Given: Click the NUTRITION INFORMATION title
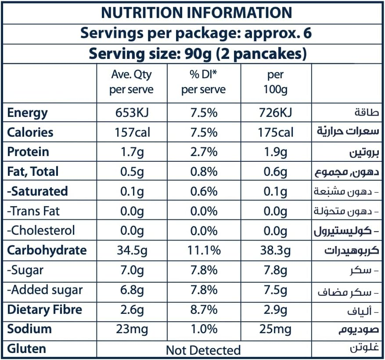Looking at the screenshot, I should pyautogui.click(x=196, y=12).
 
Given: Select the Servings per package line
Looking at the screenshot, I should pyautogui.click(x=196, y=33).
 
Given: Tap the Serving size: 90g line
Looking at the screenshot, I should pyautogui.click(x=198, y=54).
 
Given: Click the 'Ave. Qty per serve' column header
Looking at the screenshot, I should pyautogui.click(x=131, y=82).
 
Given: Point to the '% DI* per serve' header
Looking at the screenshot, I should pyautogui.click(x=203, y=82).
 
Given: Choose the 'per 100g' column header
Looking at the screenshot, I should pyautogui.click(x=275, y=82).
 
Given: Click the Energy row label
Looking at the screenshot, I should pyautogui.click(x=27, y=113).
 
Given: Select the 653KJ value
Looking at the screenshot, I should pyautogui.click(x=131, y=113).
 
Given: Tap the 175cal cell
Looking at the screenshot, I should pyautogui.click(x=275, y=132).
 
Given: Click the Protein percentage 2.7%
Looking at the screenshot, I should pyautogui.click(x=204, y=152).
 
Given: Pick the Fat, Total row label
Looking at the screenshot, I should pyautogui.click(x=33, y=171).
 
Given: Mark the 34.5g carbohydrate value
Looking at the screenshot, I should pyautogui.click(x=131, y=250).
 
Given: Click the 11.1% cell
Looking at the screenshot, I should pyautogui.click(x=204, y=250).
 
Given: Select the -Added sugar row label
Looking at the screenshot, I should pyautogui.click(x=45, y=290).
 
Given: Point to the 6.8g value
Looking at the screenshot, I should pyautogui.click(x=131, y=290).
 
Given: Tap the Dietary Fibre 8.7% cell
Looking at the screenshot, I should pyautogui.click(x=204, y=309).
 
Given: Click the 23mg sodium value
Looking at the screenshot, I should pyautogui.click(x=131, y=329).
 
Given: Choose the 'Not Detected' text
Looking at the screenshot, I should pyautogui.click(x=203, y=350).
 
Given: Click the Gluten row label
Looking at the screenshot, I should pyautogui.click(x=27, y=349).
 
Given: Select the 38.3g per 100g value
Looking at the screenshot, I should pyautogui.click(x=275, y=250).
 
